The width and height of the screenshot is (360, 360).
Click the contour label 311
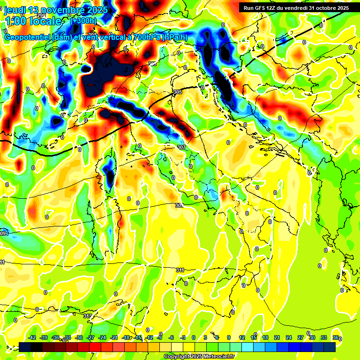point(180,270)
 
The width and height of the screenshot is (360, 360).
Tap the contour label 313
point(87,316)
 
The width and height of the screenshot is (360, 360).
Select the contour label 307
point(181,147)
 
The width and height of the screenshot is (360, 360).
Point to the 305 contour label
point(177,92)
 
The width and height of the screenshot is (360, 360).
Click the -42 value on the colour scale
point(32,338)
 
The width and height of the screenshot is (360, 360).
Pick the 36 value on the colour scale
point(335,338)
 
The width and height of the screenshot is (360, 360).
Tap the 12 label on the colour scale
point(242,338)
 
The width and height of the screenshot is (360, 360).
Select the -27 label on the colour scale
point(91,338)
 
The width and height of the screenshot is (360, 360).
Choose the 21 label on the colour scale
point(277,338)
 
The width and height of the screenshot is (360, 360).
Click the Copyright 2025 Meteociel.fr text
point(199,357)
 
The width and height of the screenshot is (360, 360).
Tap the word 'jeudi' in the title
point(15,10)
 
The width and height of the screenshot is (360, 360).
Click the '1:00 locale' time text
point(33,22)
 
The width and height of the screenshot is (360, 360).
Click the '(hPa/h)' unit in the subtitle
point(176,37)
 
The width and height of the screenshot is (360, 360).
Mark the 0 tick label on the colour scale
point(193,338)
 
